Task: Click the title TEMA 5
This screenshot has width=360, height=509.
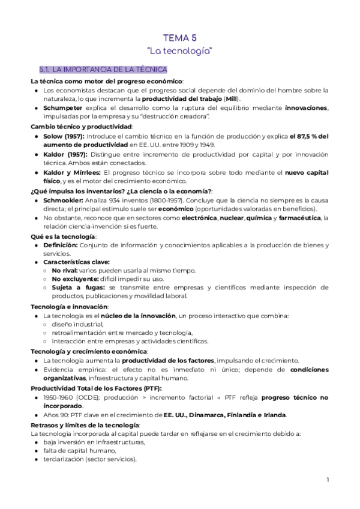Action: (x=180, y=37)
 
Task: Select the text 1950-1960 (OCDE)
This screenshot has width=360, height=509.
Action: (x=70, y=398)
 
